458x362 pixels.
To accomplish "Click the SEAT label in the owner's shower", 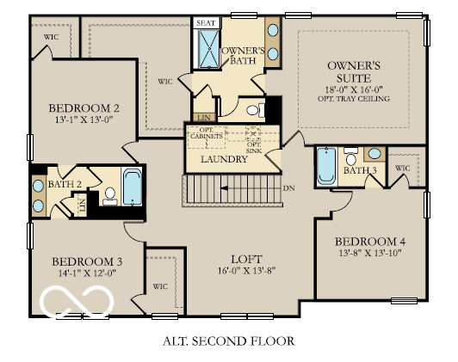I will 207,23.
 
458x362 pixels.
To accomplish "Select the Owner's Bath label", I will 243,57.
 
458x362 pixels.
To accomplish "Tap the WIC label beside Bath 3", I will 402,169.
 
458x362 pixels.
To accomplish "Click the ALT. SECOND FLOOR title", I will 228,341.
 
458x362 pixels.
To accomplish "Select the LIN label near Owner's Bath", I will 204,117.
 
